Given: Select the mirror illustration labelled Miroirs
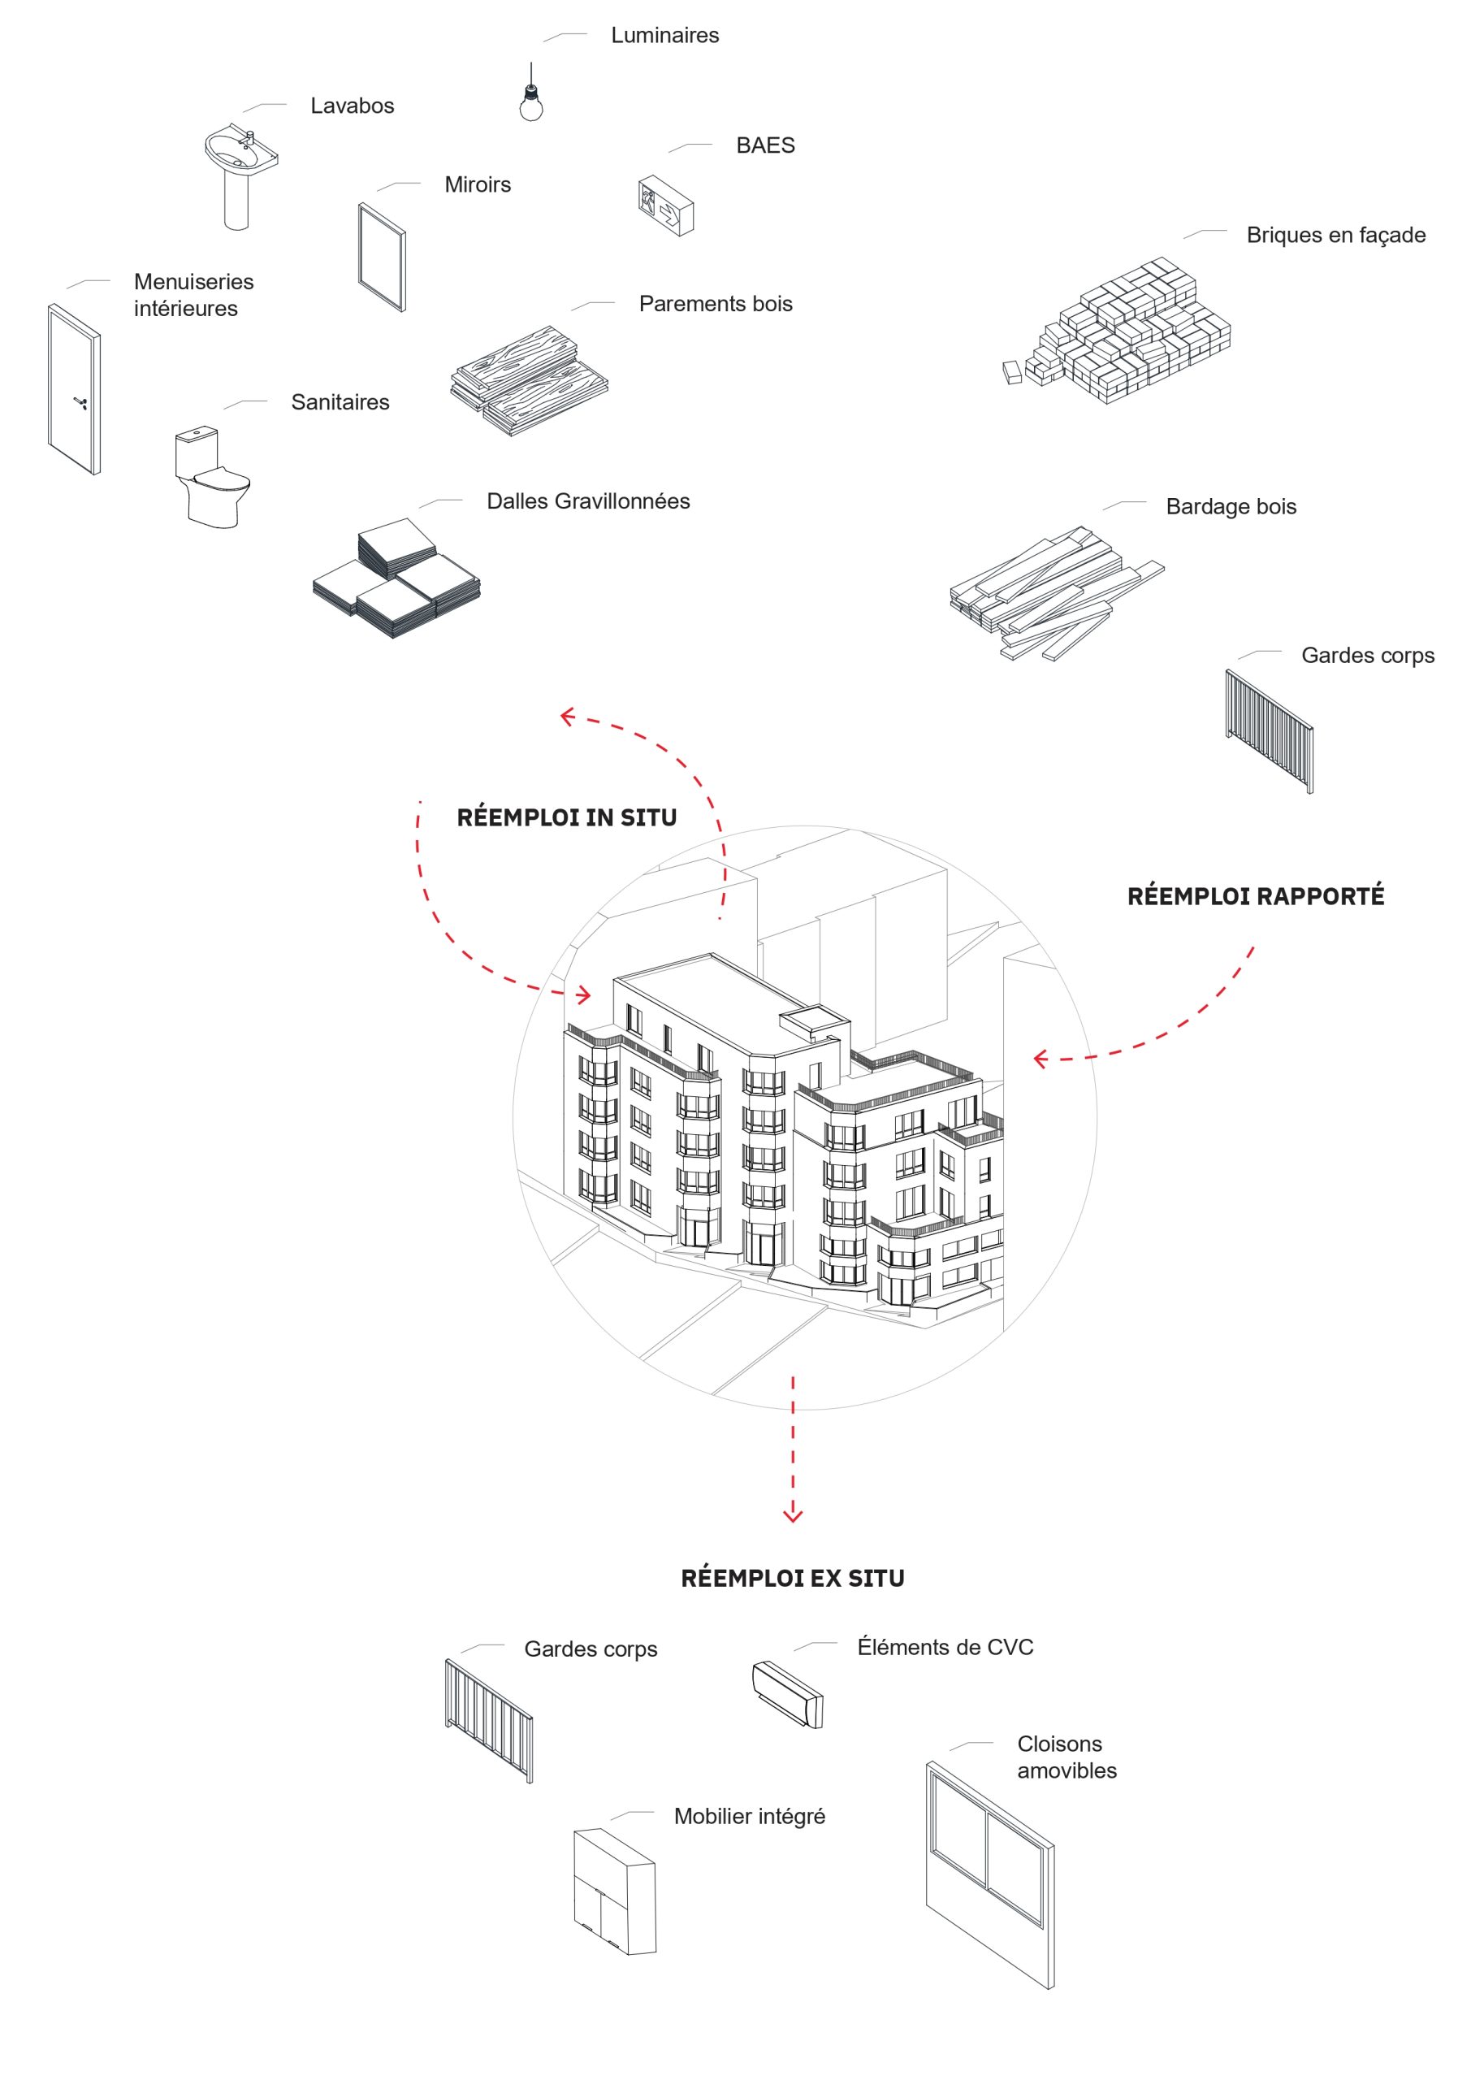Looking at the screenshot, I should coord(383,258).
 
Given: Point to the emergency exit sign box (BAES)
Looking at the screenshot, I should coord(666,206).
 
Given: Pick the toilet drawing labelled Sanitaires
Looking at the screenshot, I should coord(212,478).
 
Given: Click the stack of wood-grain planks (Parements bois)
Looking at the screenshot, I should coord(530,381).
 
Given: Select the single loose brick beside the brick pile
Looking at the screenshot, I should coord(1013,372).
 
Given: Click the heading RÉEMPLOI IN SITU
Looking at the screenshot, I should coord(566,818).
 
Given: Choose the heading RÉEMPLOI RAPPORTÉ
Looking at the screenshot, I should coord(1256,897).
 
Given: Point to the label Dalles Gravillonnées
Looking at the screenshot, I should coord(588,502).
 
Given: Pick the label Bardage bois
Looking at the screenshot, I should coord(1231,507).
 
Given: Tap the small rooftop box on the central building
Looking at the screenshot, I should coord(815,1022).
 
